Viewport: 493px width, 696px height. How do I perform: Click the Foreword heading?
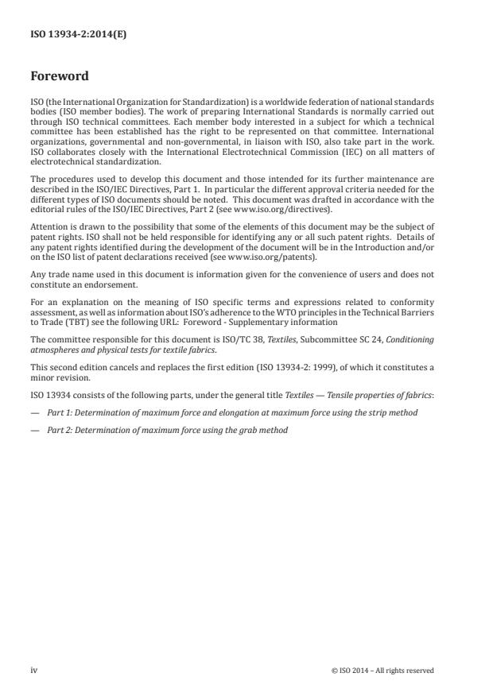click(59, 77)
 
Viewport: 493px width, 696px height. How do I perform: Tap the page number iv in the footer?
click(34, 671)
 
